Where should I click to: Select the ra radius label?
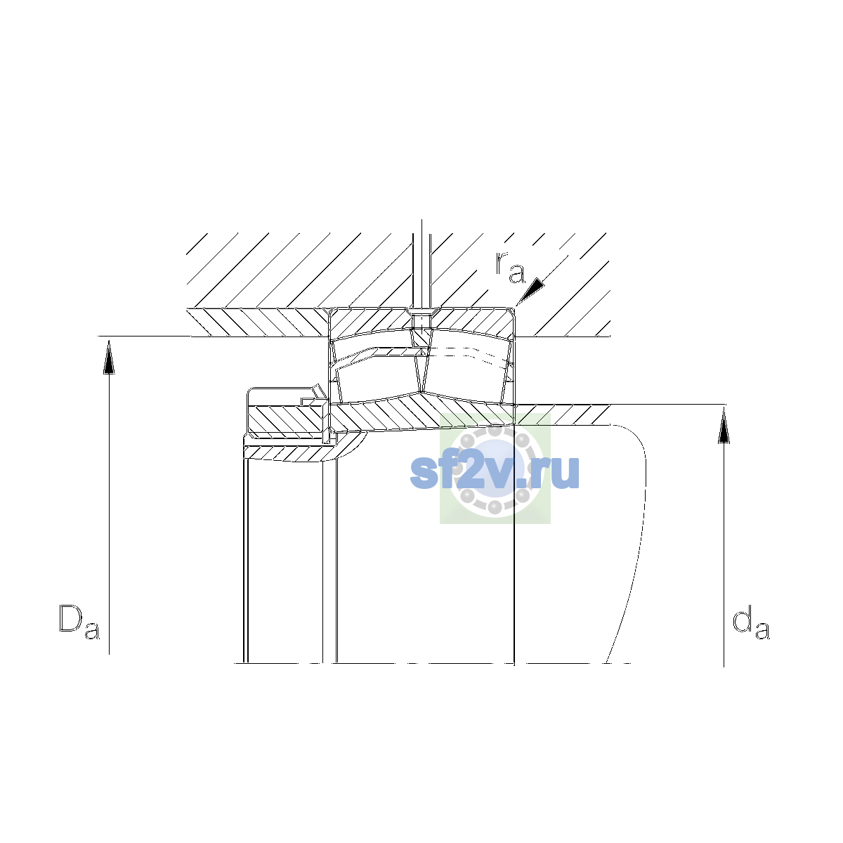(510, 267)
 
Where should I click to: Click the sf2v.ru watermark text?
(495, 472)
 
